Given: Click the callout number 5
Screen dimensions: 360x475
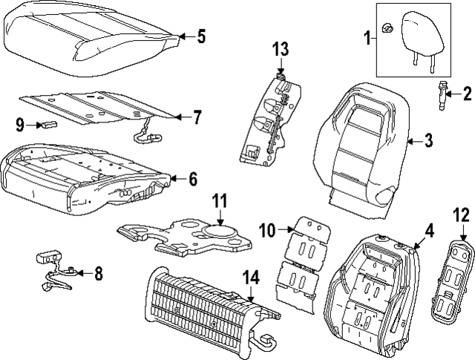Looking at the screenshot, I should pos(201,37).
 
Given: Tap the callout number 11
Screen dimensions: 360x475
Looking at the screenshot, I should pos(220,201).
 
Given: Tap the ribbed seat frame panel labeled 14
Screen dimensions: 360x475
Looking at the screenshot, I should pos(197,309).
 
